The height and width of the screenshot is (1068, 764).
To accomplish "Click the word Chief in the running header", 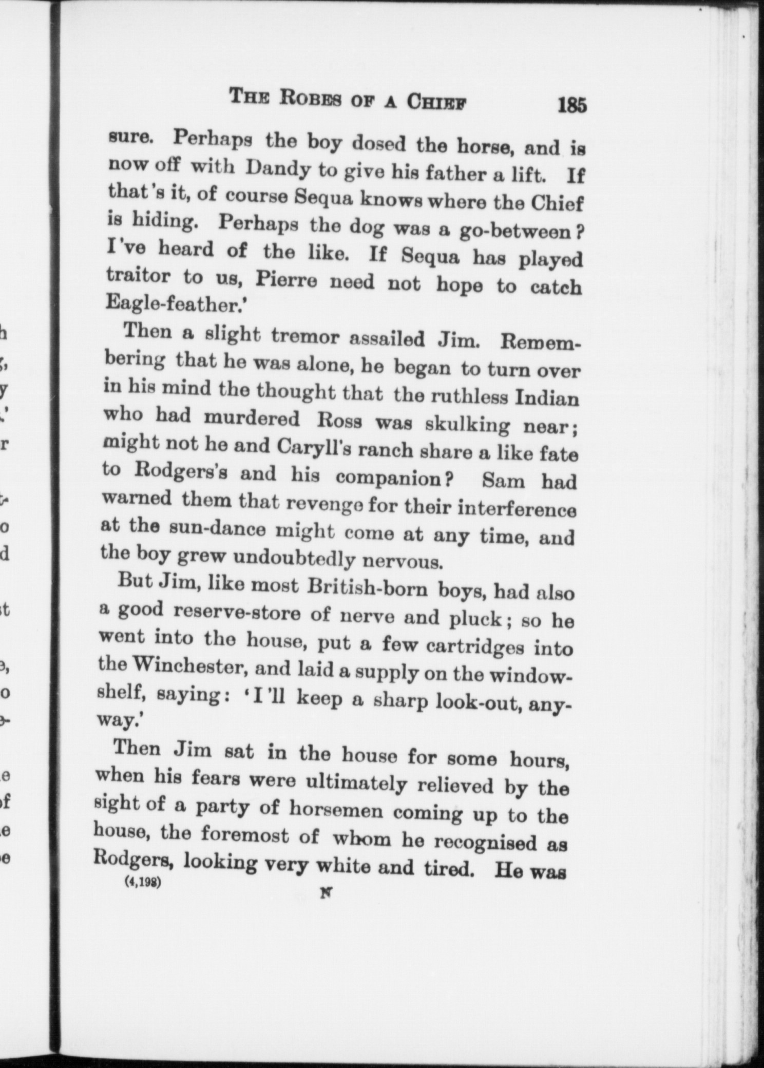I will (437, 101).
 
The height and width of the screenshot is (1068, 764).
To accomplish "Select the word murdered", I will (252, 419).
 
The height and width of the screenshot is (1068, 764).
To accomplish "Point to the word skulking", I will (467, 424).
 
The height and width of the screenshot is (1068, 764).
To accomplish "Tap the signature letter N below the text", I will (325, 892).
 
